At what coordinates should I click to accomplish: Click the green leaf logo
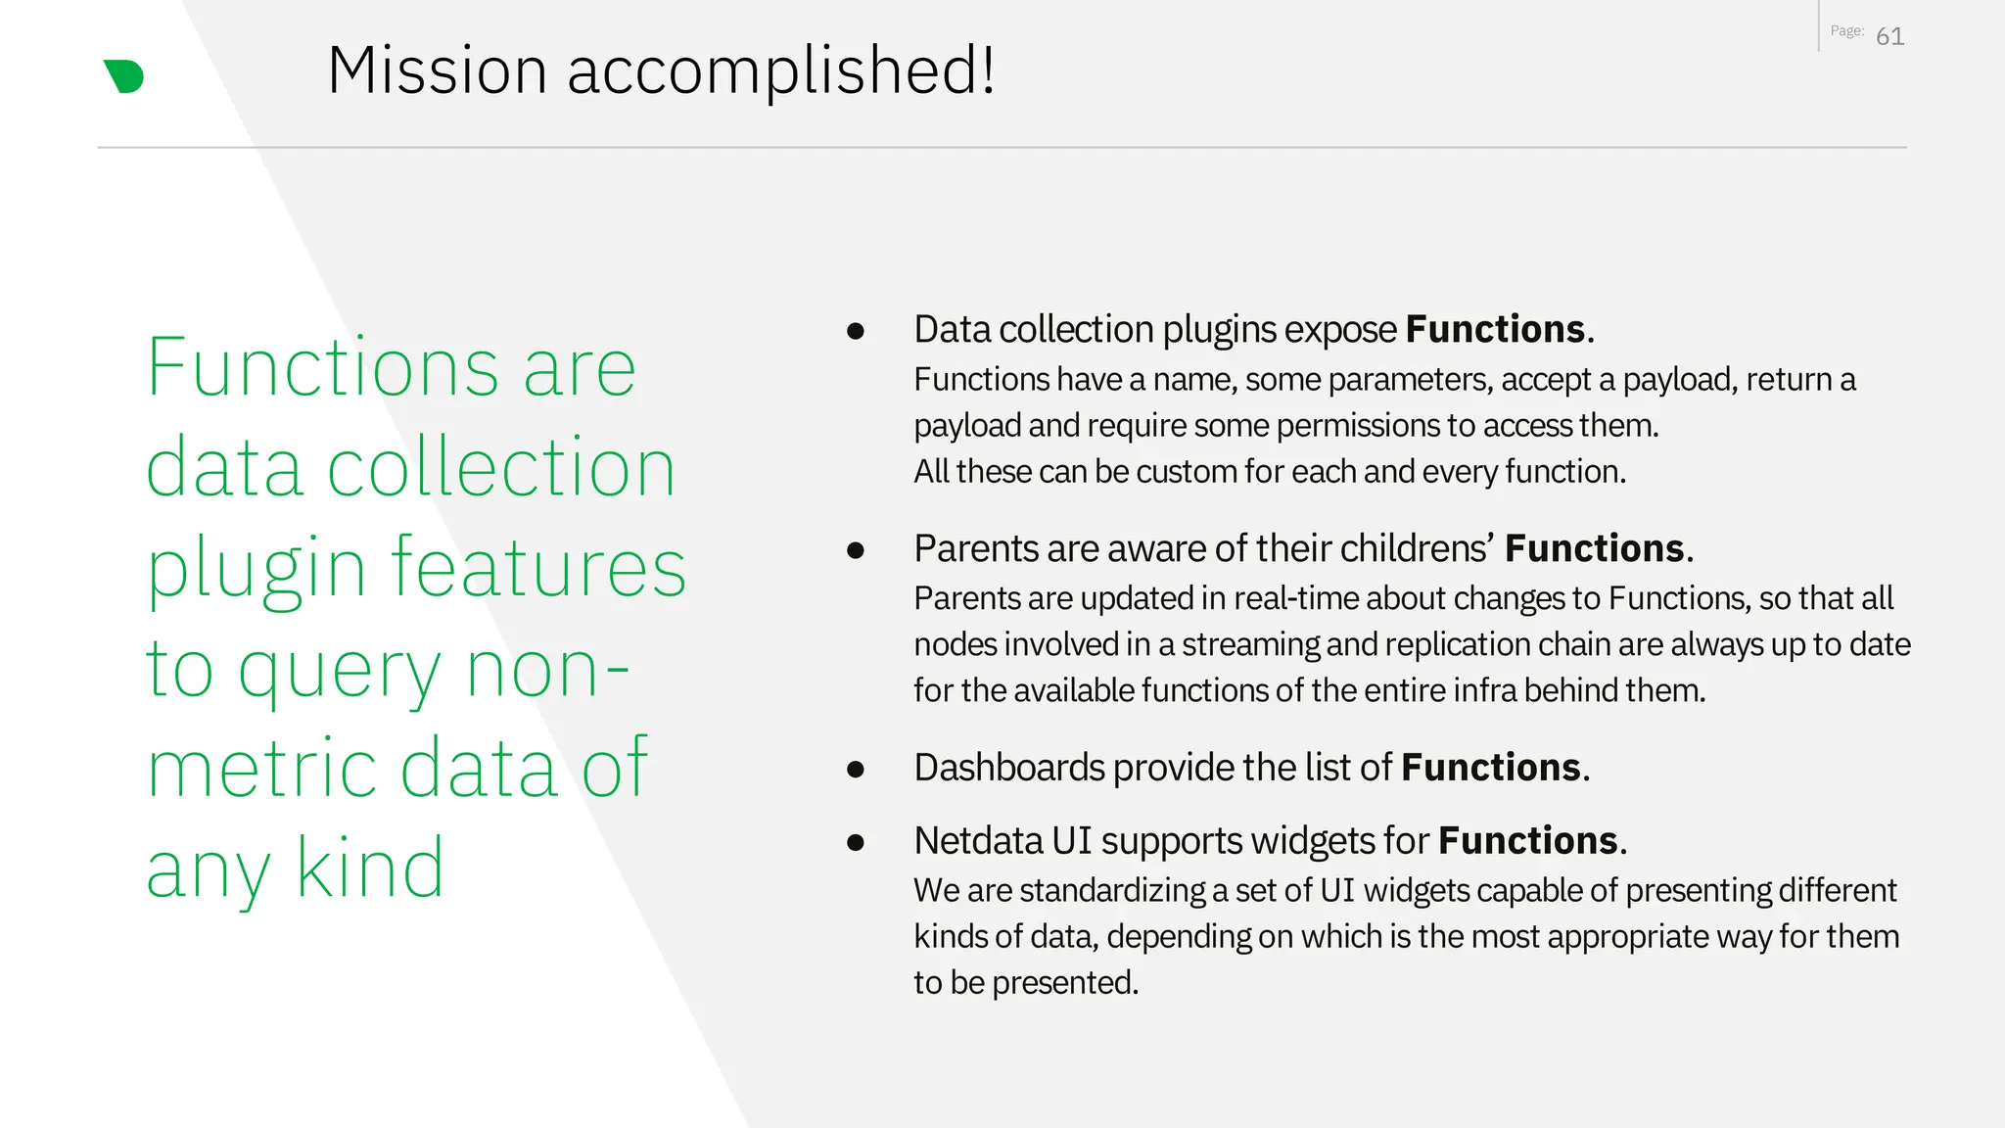click(x=124, y=76)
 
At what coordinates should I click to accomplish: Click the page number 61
click(x=1889, y=37)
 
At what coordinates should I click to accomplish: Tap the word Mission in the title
click(x=437, y=71)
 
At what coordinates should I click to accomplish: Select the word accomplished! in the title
click(x=781, y=71)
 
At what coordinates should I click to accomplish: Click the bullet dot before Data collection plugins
click(x=856, y=331)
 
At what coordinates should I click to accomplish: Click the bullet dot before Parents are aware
click(x=856, y=550)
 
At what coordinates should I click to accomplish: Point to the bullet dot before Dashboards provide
click(x=856, y=770)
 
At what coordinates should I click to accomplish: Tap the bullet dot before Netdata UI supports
click(x=856, y=842)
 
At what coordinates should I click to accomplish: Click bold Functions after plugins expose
click(x=1495, y=330)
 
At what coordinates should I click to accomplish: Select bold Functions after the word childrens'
click(x=1594, y=549)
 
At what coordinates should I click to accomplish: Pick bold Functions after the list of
click(x=1490, y=768)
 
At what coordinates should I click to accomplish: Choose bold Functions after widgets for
click(x=1527, y=841)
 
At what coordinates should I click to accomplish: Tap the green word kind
click(x=370, y=869)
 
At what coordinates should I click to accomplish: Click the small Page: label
click(x=1846, y=31)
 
